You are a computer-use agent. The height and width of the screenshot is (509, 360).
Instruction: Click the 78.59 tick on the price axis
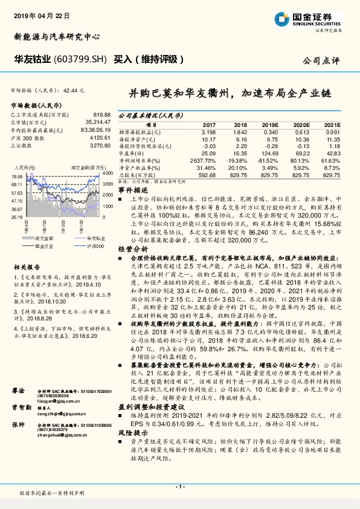pos(17,176)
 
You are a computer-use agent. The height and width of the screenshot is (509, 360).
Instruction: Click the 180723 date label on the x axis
pos(45,227)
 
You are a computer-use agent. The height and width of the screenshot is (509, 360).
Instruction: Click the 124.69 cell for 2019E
pos(269,154)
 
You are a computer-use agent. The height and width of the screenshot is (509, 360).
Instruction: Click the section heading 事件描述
pos(130,190)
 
